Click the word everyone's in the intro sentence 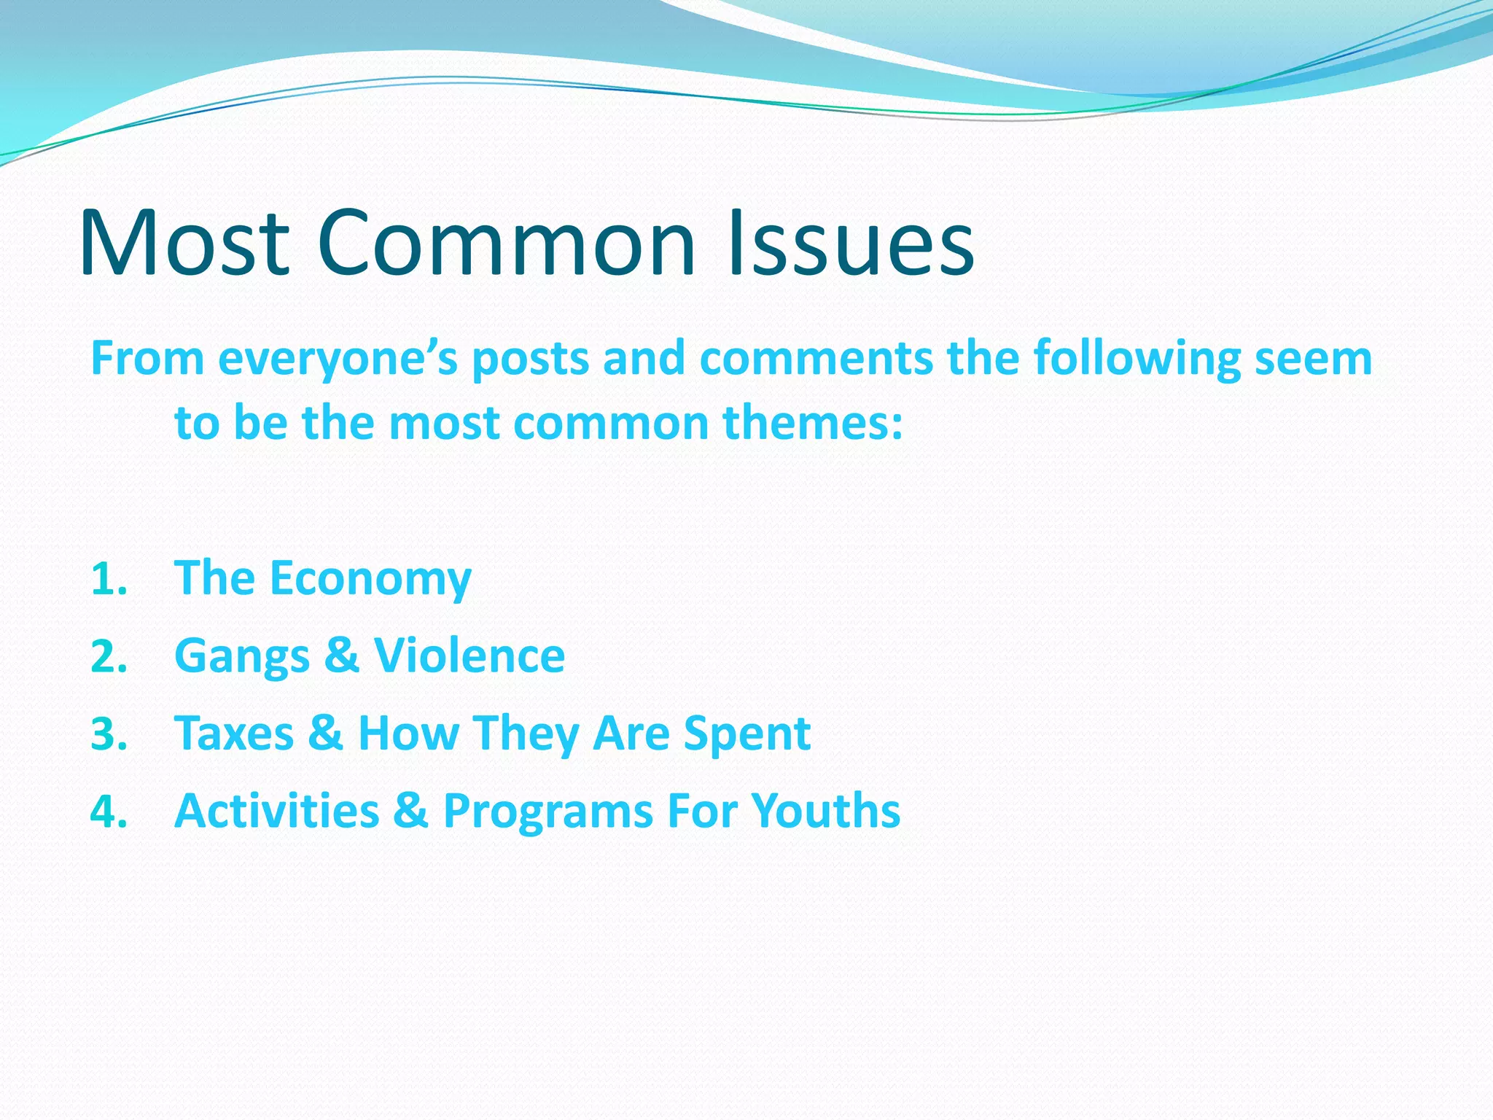tap(338, 359)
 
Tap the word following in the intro tap(1137, 359)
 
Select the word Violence tap(469, 656)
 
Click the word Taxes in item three tap(234, 734)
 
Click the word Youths tap(825, 811)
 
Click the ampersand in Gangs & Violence tap(341, 656)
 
